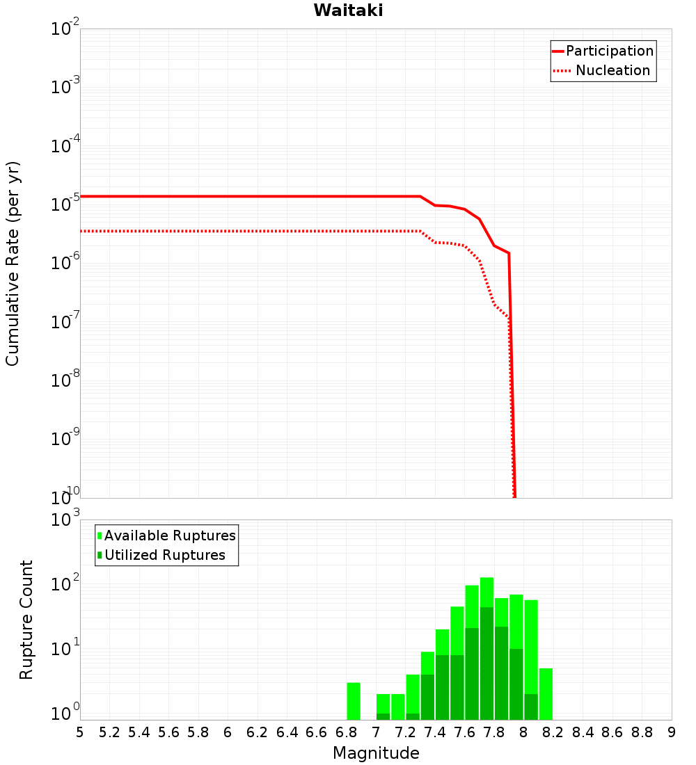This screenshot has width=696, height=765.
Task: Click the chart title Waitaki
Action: (x=348, y=11)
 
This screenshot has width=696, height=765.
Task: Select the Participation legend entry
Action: (x=610, y=51)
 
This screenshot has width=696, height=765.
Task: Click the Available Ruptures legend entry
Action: (x=170, y=535)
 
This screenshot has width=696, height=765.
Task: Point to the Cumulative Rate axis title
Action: (x=13, y=263)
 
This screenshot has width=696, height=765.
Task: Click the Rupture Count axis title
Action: (x=26, y=620)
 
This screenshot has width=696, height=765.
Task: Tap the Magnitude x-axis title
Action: (x=376, y=753)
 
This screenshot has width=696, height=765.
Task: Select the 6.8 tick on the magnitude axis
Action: (x=346, y=732)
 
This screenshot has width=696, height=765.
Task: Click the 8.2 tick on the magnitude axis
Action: (x=553, y=732)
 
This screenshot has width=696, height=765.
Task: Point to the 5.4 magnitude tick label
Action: (x=139, y=732)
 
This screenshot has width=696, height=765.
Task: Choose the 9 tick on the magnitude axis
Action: (x=672, y=732)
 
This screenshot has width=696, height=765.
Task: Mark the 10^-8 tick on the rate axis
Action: (x=64, y=380)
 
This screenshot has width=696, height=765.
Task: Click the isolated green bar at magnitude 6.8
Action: (x=354, y=701)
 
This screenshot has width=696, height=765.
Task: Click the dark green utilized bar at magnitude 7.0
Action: (x=383, y=716)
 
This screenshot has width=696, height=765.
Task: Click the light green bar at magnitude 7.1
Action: (x=398, y=707)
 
